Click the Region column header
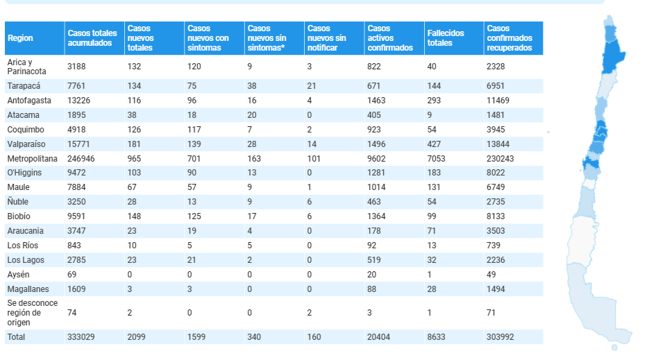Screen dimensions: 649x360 pos(20,38)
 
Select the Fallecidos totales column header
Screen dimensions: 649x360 pos(446,38)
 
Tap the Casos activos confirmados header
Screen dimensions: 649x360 pos(390,38)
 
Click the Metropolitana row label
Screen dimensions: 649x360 pos(33,158)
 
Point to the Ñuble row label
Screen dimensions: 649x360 pos(18,202)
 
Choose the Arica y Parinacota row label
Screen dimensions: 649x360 pos(27,67)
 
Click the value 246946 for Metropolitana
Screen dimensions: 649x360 pos(81,158)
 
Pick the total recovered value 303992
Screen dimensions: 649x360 pos(500,337)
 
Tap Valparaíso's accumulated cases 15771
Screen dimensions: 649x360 pos(78,144)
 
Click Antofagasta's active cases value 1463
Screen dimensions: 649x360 pos(376,101)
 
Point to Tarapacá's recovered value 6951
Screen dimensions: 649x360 pos(496,86)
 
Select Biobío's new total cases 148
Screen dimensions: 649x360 pos(134,216)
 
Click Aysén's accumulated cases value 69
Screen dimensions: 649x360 pos(72,275)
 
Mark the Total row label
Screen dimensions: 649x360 pos(16,337)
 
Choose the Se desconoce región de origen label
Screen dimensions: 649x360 pos(33,313)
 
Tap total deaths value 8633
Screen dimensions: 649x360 pos(437,337)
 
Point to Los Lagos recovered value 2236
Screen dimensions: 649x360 pos(496,260)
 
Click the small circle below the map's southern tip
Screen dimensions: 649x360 pos(614,348)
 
